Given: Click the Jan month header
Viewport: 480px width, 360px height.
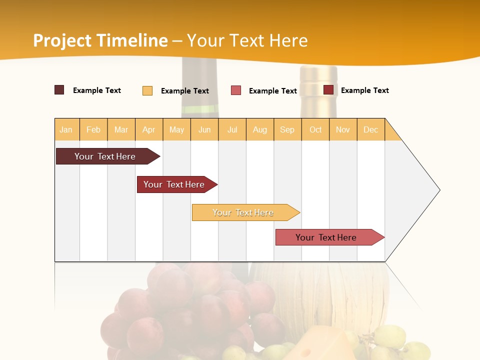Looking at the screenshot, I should [66, 129].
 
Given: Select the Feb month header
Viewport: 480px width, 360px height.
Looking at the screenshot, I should [93, 129].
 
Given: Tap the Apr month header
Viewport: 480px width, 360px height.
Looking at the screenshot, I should [148, 129].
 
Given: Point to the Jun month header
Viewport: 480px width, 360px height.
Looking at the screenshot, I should [204, 129].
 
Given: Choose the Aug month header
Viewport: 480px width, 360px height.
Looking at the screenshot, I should [260, 129].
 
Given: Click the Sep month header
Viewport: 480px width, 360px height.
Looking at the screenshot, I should [287, 129].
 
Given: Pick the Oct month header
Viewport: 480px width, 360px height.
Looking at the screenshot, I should [315, 129].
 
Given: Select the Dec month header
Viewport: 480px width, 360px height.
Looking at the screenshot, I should [370, 129].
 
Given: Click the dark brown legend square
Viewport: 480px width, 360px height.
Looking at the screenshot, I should [59, 90].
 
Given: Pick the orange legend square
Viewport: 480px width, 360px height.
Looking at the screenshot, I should [147, 90].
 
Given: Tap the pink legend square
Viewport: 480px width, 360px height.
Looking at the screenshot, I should [236, 90].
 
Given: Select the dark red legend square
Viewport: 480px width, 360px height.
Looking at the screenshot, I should [328, 90].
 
